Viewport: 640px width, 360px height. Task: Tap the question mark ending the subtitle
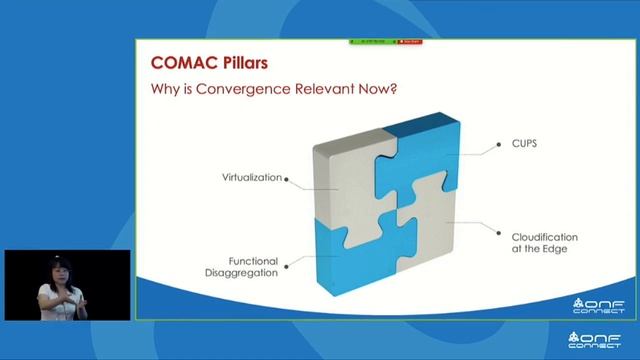[397, 90]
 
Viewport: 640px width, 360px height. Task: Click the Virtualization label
[251, 178]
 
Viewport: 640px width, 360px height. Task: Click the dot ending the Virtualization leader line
[287, 180]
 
